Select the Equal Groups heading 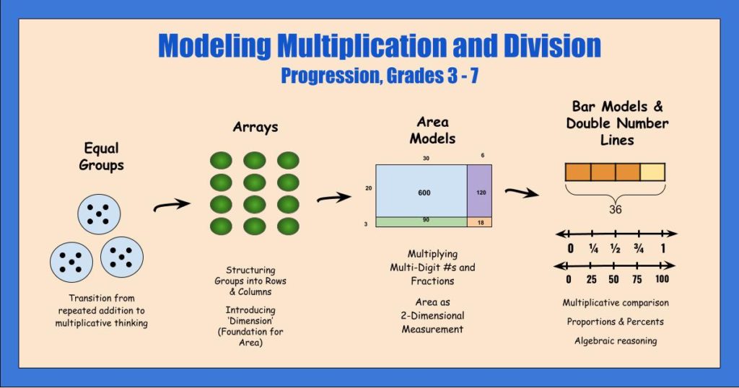point(103,158)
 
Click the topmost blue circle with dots point(99,213)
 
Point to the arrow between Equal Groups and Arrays point(172,206)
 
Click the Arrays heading point(255,127)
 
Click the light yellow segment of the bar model point(652,172)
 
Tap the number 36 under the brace point(614,211)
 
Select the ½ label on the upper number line point(616,249)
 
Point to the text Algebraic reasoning point(616,340)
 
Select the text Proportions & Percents point(616,321)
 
